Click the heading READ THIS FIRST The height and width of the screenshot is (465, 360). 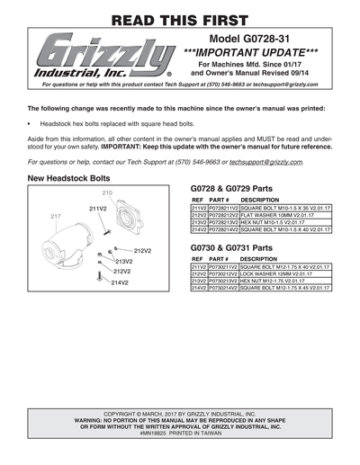pyautogui.click(x=180, y=18)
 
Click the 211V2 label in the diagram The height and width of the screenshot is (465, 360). pyautogui.click(x=98, y=208)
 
